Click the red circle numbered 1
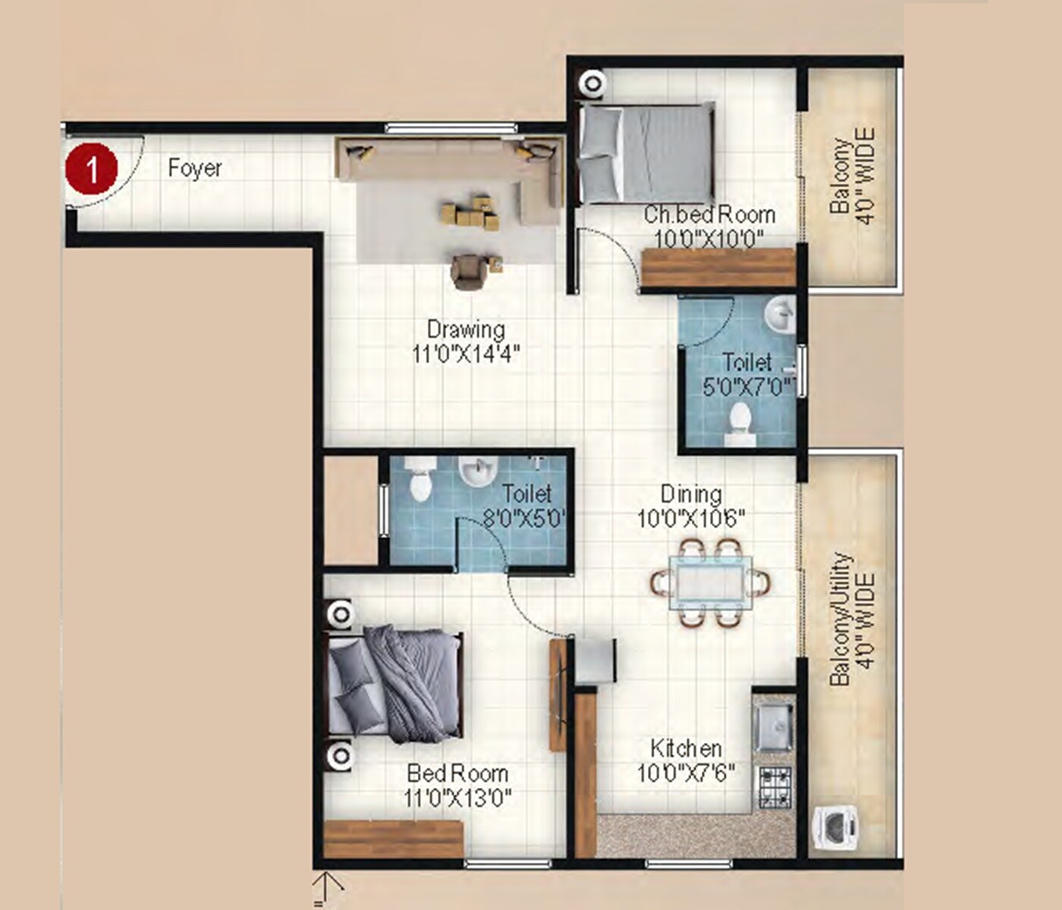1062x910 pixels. (x=91, y=169)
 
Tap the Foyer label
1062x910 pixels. (x=195, y=168)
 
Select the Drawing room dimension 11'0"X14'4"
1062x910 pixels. (x=466, y=354)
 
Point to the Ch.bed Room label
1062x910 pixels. (x=709, y=215)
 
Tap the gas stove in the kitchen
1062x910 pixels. (x=774, y=786)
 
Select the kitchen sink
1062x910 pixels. (x=773, y=726)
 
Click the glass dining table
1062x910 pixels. (x=710, y=582)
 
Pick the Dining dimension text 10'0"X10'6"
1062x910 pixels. (x=691, y=519)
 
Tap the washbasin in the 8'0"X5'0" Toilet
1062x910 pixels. (x=476, y=473)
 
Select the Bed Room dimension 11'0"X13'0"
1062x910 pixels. (x=457, y=798)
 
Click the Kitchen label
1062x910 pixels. (x=686, y=748)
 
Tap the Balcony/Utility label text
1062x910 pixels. (x=840, y=620)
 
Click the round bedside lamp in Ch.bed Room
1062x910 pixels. (x=592, y=83)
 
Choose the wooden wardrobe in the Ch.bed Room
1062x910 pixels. (x=717, y=268)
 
